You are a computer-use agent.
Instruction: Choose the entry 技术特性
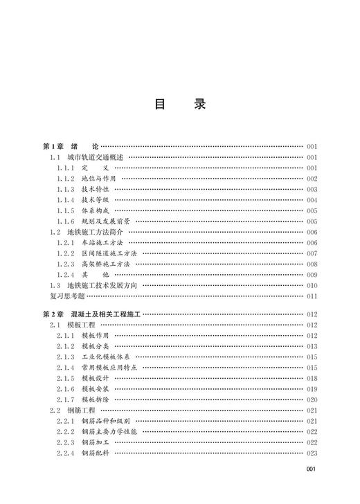pos(96,189)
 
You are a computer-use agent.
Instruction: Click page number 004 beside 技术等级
pos(311,200)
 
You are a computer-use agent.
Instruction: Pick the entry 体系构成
pos(96,210)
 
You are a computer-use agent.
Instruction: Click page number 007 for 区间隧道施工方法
pos(311,253)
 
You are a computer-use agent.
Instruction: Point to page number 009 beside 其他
pos(311,275)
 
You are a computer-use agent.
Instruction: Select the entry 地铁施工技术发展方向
pos(103,285)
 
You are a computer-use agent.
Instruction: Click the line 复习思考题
pos(64,296)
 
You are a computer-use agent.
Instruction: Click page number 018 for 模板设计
pos(311,379)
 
